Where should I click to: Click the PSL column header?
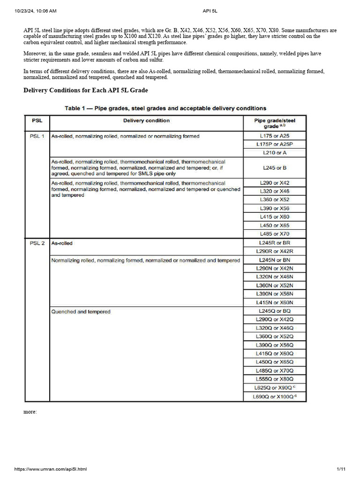[37, 120]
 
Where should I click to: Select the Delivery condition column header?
[146, 120]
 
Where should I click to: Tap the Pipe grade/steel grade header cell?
[275, 123]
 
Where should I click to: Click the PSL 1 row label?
[37, 136]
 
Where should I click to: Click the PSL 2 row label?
[37, 243]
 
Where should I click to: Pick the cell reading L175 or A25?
[275, 136]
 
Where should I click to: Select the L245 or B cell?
[275, 167]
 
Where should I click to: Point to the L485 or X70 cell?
[275, 234]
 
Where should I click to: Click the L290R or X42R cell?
[275, 251]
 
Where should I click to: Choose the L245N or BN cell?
[275, 260]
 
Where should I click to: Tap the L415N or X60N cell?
[275, 302]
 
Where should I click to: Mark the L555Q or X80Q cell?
[275, 379]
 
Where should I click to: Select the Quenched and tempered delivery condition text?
[81, 312]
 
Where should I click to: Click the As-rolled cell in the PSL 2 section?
[62, 243]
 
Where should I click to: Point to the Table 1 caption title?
[165, 108]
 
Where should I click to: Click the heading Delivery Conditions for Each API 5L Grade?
[86, 90]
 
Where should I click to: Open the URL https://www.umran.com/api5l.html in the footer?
[51, 469]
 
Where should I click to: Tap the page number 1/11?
[341, 469]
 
